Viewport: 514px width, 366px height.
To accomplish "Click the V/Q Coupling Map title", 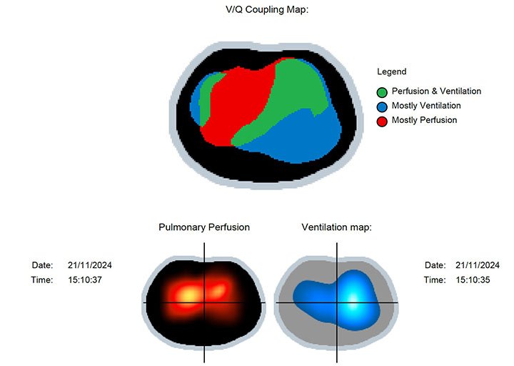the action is coord(267,9).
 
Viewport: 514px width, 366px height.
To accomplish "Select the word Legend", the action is coord(392,71).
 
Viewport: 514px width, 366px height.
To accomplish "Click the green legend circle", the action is coord(382,92).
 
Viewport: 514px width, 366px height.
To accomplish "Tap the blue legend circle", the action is coord(382,107).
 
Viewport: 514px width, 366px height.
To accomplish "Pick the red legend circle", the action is coord(382,121).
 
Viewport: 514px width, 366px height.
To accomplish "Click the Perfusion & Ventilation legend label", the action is coord(436,91).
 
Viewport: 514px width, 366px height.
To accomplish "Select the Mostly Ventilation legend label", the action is coord(426,105).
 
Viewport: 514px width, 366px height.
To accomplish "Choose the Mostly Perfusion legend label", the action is coord(424,120).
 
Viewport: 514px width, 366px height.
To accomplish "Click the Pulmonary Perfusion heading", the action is coord(204,227).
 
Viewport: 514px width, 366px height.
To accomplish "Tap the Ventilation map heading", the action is coord(337,227).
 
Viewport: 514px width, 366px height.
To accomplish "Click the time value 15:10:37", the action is coord(85,280).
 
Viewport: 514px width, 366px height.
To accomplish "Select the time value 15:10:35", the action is coord(473,280).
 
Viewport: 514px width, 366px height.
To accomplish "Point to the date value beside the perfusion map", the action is coord(90,265).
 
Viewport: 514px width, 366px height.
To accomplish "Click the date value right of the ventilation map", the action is coord(478,265).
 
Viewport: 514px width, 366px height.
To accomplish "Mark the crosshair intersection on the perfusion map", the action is coord(204,302).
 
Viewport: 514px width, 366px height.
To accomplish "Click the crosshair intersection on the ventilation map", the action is coord(337,302).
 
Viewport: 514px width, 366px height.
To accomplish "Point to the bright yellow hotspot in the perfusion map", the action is coord(188,294).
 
